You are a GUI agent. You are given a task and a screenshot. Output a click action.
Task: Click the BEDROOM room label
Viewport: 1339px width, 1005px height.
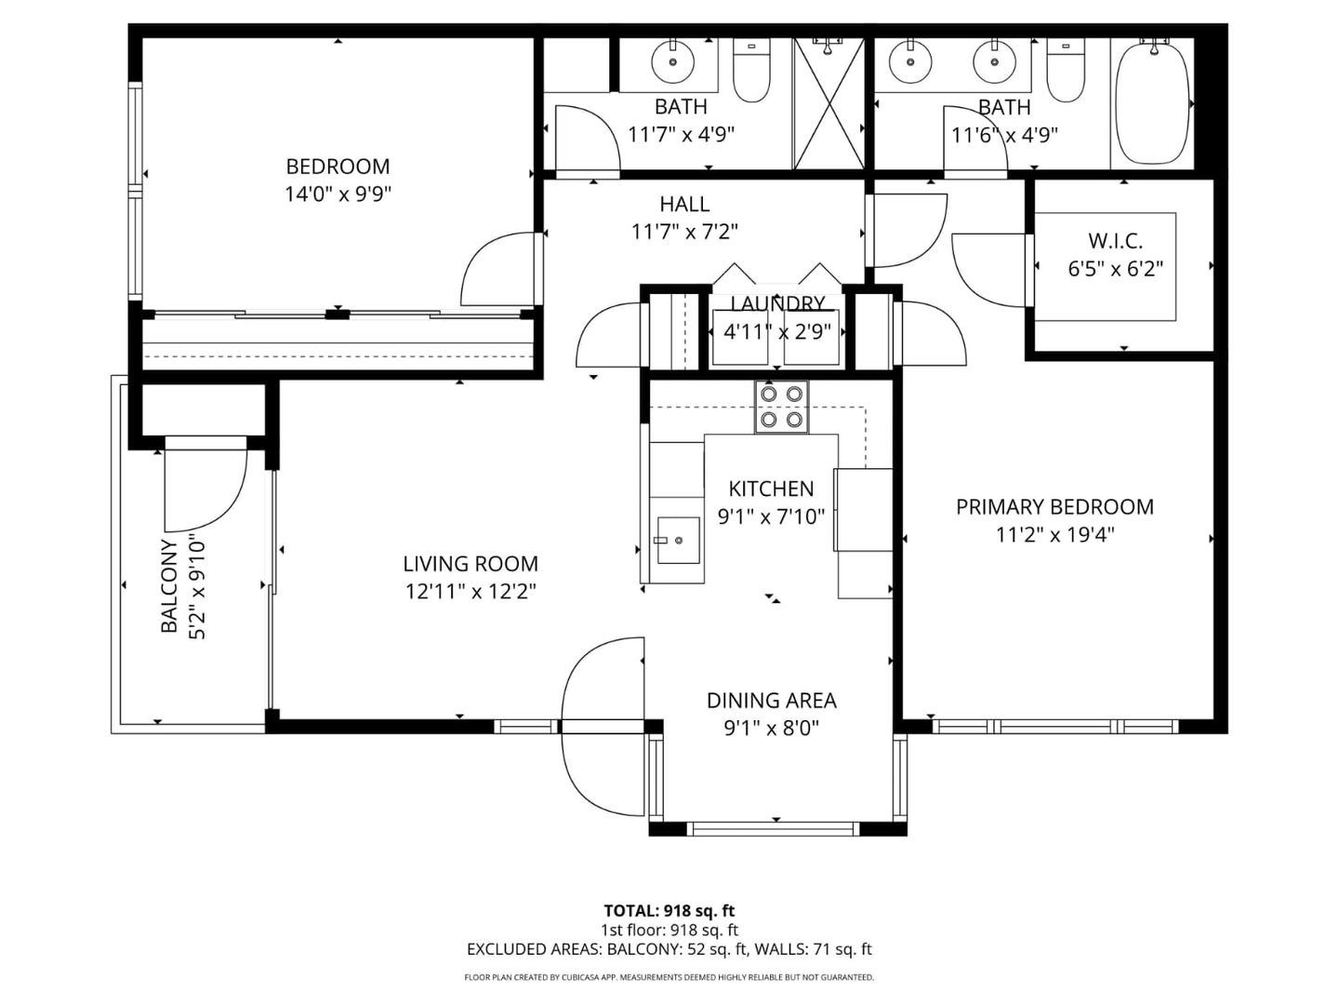pyautogui.click(x=338, y=167)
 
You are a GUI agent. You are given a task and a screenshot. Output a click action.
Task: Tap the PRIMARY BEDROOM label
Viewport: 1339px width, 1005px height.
pyautogui.click(x=1054, y=507)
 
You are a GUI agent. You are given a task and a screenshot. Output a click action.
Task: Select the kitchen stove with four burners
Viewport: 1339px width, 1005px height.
pyautogui.click(x=781, y=407)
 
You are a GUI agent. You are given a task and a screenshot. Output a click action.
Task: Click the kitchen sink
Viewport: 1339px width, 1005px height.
pyautogui.click(x=678, y=541)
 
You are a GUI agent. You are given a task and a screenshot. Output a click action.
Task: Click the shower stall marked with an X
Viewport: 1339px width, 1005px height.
pyautogui.click(x=829, y=104)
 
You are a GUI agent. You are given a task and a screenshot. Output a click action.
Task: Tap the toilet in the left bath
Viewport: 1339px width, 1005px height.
pyautogui.click(x=751, y=72)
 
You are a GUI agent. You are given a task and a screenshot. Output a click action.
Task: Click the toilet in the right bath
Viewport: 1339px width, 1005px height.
pyautogui.click(x=1066, y=72)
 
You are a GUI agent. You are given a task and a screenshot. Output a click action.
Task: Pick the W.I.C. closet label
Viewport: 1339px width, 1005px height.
pyautogui.click(x=1115, y=241)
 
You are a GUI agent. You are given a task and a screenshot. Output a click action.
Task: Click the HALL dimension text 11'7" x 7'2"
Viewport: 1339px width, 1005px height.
pyautogui.click(x=684, y=232)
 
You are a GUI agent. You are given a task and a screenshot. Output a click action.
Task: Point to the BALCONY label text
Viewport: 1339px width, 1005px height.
pyautogui.click(x=169, y=586)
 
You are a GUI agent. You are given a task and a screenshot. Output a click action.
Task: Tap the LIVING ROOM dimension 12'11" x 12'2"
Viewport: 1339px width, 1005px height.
pyautogui.click(x=471, y=592)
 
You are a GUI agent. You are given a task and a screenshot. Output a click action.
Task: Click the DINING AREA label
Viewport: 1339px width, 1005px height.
pyautogui.click(x=771, y=701)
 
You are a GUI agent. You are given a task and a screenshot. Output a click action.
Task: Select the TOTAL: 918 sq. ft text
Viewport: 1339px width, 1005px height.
pyautogui.click(x=669, y=911)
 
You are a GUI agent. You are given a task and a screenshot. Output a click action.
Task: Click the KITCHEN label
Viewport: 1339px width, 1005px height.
pyautogui.click(x=771, y=489)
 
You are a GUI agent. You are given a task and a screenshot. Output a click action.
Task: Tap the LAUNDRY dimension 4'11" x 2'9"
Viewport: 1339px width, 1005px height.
pyautogui.click(x=776, y=330)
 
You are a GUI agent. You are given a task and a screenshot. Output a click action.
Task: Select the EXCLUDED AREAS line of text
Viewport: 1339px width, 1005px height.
pyautogui.click(x=669, y=950)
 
